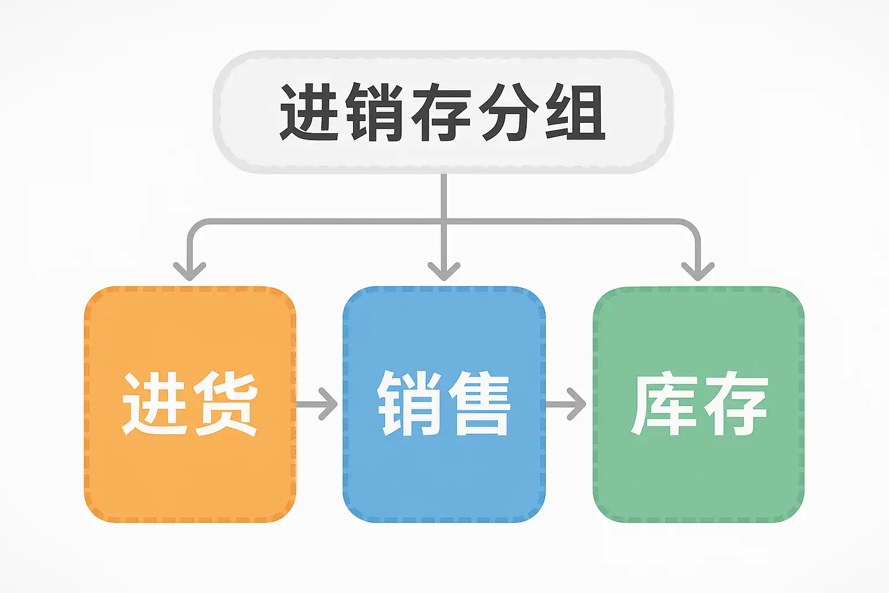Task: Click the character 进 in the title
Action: pos(309,112)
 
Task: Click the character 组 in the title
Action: pos(575,112)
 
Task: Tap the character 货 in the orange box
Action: pos(225,404)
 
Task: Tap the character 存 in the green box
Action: pos(735,404)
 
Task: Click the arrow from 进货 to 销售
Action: pos(318,404)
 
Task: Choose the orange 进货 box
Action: pos(190,475)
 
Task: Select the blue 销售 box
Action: pos(444,475)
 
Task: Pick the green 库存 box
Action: pos(699,475)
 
